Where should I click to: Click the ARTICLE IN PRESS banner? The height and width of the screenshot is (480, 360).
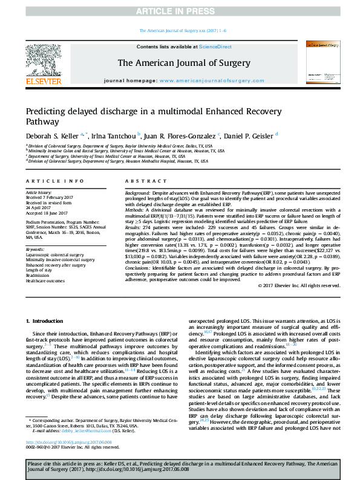pos(180,11)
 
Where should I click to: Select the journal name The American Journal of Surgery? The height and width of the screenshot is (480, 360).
pos(180,62)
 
